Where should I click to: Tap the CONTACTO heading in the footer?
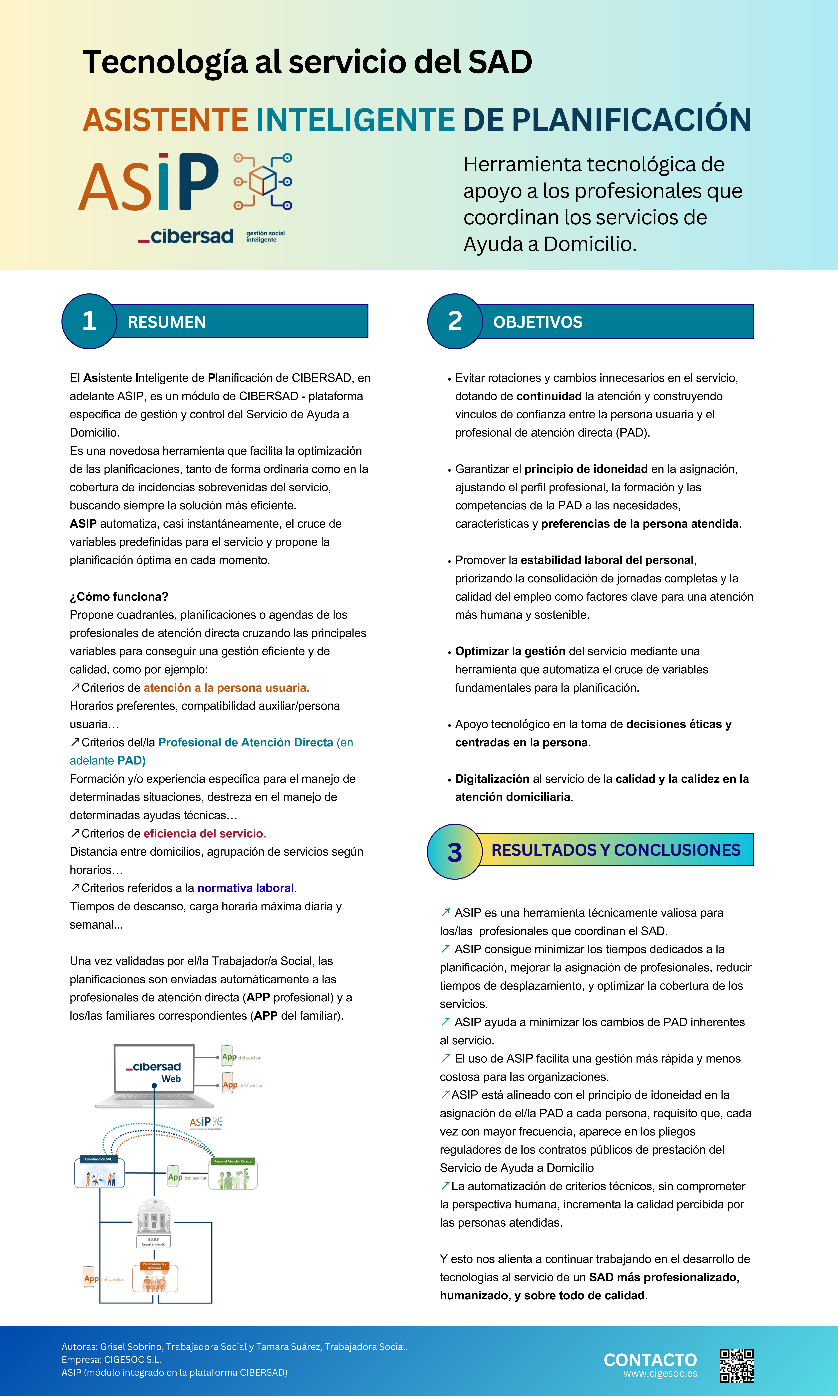click(650, 1360)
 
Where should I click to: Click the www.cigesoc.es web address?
click(660, 1373)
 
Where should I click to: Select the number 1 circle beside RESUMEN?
click(89, 321)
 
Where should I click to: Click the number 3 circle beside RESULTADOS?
click(455, 852)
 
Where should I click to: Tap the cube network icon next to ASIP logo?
click(263, 182)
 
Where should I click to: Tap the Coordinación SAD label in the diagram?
click(99, 1159)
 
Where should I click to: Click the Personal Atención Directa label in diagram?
click(233, 1161)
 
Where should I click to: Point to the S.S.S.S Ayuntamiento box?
click(153, 1242)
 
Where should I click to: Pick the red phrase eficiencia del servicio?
click(204, 833)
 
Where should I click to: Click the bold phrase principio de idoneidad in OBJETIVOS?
click(586, 469)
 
